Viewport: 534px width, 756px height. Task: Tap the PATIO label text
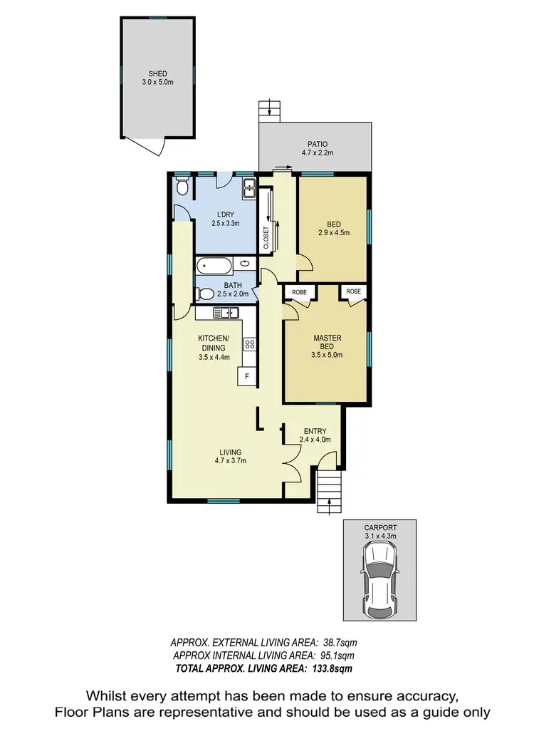pos(314,143)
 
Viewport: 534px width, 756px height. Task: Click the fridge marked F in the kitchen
pos(247,376)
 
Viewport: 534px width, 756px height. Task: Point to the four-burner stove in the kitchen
pos(249,344)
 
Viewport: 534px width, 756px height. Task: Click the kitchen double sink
pos(226,312)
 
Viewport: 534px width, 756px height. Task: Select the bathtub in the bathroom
pos(214,267)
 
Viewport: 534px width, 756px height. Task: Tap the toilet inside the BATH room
pos(204,293)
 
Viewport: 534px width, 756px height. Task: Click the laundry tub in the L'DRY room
pos(248,188)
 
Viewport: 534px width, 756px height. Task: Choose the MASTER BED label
pos(327,342)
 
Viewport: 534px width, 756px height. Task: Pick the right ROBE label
pos(353,291)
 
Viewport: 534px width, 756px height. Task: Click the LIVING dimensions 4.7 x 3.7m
pos(230,461)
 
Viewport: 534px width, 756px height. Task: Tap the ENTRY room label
pos(315,431)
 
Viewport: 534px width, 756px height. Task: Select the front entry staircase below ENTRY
pos(329,492)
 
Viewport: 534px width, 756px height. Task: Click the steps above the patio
pos(268,108)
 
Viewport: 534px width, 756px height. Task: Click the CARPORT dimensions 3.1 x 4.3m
pos(379,535)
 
